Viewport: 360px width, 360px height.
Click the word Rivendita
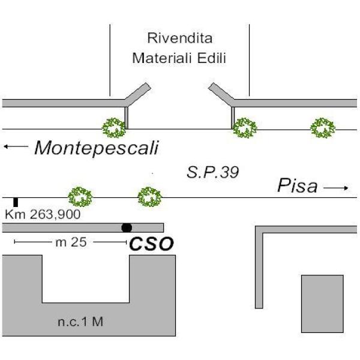(180, 38)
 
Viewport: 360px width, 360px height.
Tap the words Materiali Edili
(179, 58)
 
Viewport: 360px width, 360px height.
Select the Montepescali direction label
(97, 148)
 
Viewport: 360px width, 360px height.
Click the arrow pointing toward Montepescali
(16, 146)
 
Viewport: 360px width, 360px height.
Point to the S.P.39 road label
(213, 172)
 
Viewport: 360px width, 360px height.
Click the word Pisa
(298, 185)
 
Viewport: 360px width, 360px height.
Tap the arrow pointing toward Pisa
(336, 188)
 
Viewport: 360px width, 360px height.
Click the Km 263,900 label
(43, 214)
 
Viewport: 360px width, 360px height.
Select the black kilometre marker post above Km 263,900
(16, 202)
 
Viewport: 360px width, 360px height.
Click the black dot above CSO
(127, 228)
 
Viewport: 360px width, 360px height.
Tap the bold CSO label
(152, 244)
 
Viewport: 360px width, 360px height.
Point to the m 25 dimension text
(71, 242)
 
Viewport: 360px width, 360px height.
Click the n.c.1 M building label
(80, 322)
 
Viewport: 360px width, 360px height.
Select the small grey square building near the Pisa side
(322, 304)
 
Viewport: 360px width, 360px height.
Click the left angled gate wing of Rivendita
(138, 94)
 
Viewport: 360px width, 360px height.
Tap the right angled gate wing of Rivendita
(221, 94)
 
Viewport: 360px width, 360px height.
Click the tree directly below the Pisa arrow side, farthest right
(323, 128)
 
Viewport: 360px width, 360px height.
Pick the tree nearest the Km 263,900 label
(80, 197)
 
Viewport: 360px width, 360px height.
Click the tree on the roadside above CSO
(149, 197)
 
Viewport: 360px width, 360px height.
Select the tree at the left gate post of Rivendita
(114, 128)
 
